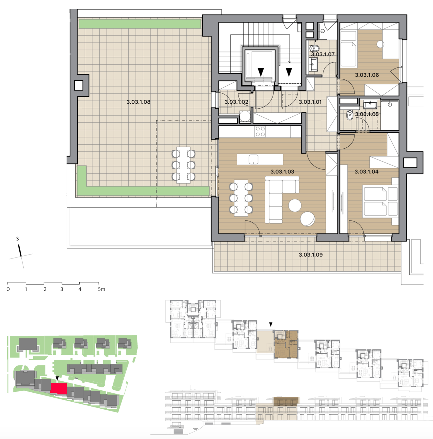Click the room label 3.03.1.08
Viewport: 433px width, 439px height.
(x=138, y=102)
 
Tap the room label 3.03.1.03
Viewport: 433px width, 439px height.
(x=282, y=172)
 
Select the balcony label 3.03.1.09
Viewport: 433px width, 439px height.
(x=310, y=255)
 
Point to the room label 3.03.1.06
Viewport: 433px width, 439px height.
(x=367, y=75)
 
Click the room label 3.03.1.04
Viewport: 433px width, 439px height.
(x=367, y=172)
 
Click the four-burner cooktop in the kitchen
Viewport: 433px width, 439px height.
(x=260, y=132)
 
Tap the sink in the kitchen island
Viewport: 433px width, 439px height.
(x=253, y=159)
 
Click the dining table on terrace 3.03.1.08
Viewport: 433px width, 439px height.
(x=183, y=165)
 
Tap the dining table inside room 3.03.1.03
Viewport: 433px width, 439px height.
(x=241, y=198)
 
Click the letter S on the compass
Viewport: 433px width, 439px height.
(x=18, y=239)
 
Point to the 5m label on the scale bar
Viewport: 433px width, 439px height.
(x=101, y=289)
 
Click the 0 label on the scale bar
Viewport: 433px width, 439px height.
(x=8, y=289)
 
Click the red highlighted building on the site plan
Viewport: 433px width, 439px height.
(x=59, y=388)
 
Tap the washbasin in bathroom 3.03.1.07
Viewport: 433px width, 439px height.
(x=314, y=64)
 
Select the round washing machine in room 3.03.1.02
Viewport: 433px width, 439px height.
(x=245, y=116)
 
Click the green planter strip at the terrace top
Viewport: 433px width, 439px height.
(x=140, y=24)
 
